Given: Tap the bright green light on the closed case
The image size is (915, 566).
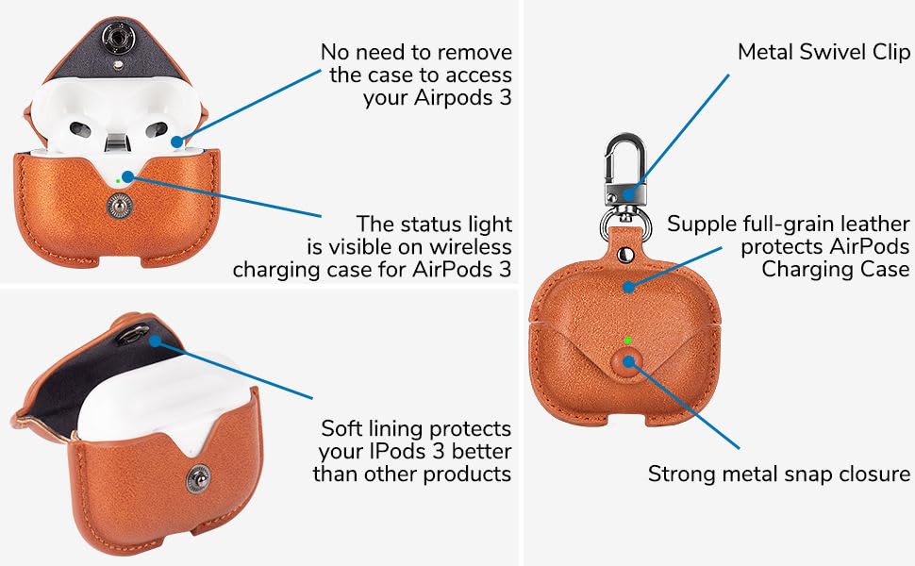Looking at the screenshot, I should click(x=628, y=341).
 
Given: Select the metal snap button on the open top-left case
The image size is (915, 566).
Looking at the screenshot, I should click(x=120, y=203).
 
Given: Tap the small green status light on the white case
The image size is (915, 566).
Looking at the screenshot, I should click(x=116, y=179).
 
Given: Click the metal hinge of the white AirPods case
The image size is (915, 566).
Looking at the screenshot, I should click(x=116, y=144).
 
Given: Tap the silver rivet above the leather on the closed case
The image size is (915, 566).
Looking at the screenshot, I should click(x=626, y=255).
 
